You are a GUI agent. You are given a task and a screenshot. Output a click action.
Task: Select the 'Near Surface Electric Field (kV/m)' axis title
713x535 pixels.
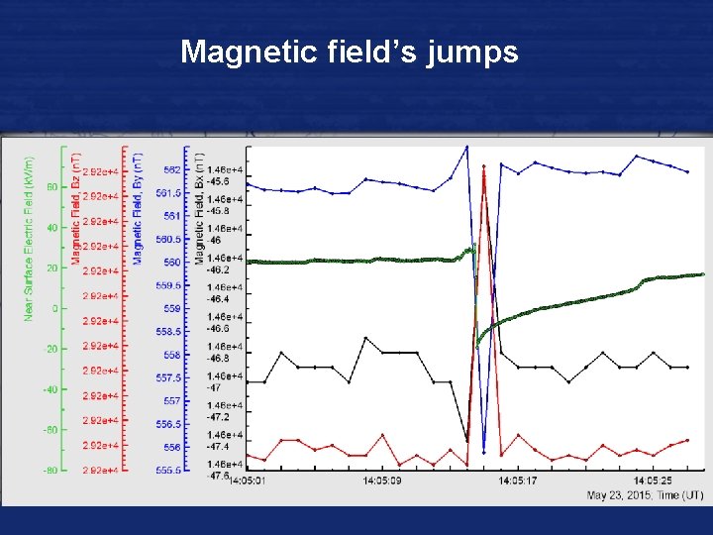(x=29, y=238)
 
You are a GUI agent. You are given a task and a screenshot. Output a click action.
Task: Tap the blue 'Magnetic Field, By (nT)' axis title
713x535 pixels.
(x=139, y=207)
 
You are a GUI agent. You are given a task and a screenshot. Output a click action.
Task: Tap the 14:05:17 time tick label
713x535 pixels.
(x=518, y=481)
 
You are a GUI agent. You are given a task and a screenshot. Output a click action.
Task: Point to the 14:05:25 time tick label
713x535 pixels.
(x=654, y=481)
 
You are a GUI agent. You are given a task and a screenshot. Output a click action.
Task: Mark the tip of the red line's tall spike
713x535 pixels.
(x=483, y=166)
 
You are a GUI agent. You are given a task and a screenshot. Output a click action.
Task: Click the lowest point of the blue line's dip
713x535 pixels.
(x=484, y=451)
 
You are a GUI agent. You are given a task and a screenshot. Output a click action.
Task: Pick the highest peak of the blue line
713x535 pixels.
(x=466, y=146)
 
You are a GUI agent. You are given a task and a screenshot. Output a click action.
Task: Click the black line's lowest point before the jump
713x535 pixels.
(x=466, y=440)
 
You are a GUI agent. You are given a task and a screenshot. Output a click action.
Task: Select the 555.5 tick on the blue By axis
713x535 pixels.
(x=169, y=471)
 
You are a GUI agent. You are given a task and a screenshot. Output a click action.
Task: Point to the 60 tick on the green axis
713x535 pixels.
(x=52, y=186)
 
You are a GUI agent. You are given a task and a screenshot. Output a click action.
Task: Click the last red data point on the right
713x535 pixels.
(x=687, y=441)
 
